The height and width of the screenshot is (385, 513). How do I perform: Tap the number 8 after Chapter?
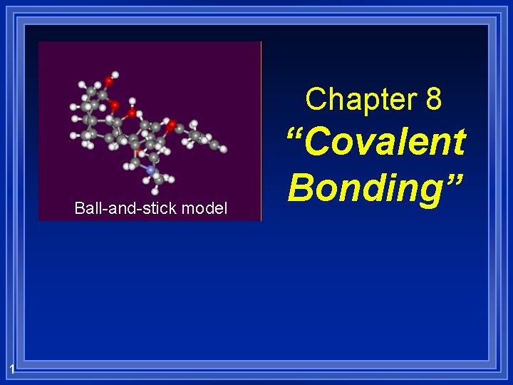(433, 100)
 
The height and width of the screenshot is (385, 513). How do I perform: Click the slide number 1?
(12, 368)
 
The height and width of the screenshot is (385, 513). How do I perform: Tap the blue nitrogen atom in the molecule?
(150, 170)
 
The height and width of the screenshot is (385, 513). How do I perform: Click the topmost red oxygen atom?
(108, 81)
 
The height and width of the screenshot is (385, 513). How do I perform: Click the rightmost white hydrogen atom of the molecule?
(223, 149)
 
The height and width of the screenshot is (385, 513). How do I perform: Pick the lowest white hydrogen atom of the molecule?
(156, 192)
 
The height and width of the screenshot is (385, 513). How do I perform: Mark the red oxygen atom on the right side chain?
(172, 125)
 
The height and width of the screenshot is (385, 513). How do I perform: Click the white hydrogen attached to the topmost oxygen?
(115, 74)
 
